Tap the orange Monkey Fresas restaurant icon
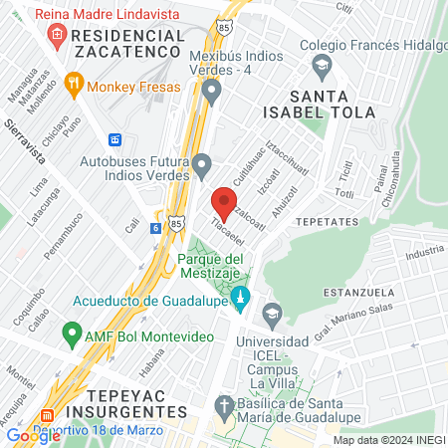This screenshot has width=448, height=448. coord(73,86)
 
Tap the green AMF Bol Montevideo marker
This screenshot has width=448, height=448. coord(72,332)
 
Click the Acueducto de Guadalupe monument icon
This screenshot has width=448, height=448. coord(239,298)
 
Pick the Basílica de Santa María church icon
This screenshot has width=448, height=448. coord(223,407)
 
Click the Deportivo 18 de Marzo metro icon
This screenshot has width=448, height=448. coord(47,416)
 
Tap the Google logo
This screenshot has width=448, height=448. coord(33,435)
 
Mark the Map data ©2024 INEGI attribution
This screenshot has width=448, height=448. coord(388,440)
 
